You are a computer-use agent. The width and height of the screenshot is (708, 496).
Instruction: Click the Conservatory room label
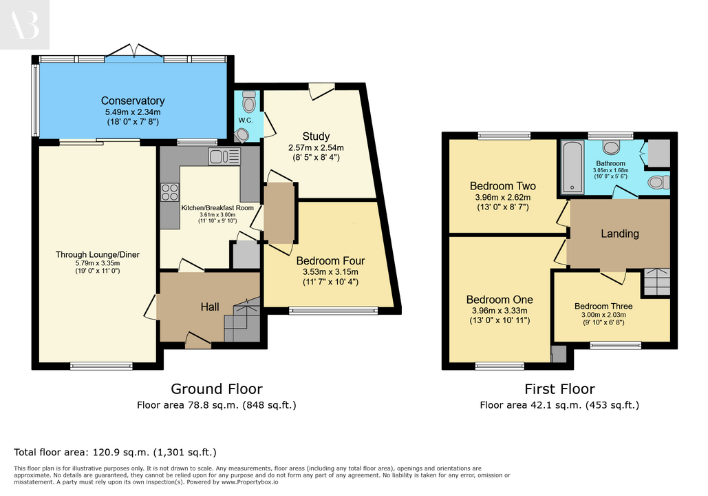coord(133,101)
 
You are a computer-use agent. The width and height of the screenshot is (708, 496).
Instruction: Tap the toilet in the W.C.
coord(249,101)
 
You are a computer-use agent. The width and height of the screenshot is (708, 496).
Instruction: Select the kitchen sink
coord(224,156)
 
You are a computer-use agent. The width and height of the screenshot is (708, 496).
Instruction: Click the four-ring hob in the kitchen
coord(170,192)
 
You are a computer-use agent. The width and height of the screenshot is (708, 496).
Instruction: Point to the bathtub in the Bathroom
coord(572,167)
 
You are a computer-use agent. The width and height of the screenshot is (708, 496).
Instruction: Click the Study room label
coord(316,136)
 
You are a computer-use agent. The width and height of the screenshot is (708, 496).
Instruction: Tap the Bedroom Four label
coord(330,261)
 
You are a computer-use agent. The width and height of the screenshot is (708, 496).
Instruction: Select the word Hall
coord(210,307)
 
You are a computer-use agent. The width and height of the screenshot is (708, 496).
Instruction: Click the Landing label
coord(620,234)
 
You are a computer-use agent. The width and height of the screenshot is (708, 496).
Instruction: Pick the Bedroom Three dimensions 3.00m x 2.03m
coord(603,315)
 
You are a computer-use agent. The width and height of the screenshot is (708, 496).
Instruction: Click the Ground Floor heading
coord(217,389)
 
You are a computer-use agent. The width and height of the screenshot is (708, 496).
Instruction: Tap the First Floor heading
coord(560,389)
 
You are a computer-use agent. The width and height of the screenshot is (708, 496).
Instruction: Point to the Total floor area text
coord(115,452)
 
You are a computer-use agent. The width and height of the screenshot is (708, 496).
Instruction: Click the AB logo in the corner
coord(24,24)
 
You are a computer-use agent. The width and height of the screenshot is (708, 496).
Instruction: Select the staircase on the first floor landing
coord(656,282)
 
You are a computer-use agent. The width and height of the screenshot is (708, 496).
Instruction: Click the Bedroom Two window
coord(504,135)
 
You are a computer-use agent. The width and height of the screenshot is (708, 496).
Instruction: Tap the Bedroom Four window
coord(334,311)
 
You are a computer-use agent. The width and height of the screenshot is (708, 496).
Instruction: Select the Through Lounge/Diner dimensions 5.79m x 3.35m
coord(98,263)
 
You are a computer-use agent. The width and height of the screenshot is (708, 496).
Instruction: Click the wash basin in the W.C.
coord(241,135)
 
